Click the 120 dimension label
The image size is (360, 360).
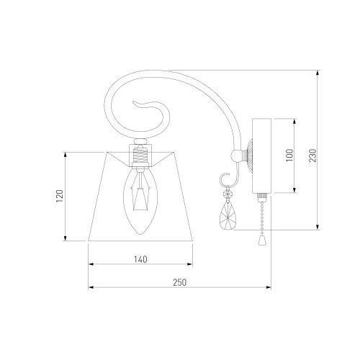click(60, 196)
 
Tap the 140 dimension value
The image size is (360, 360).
click(140, 259)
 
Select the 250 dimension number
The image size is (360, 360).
click(179, 282)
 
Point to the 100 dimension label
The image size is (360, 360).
click(290, 155)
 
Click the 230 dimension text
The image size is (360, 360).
click(312, 156)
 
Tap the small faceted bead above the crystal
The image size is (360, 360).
click(228, 194)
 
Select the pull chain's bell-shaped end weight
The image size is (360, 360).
click(262, 240)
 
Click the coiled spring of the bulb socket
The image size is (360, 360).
click(140, 155)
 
